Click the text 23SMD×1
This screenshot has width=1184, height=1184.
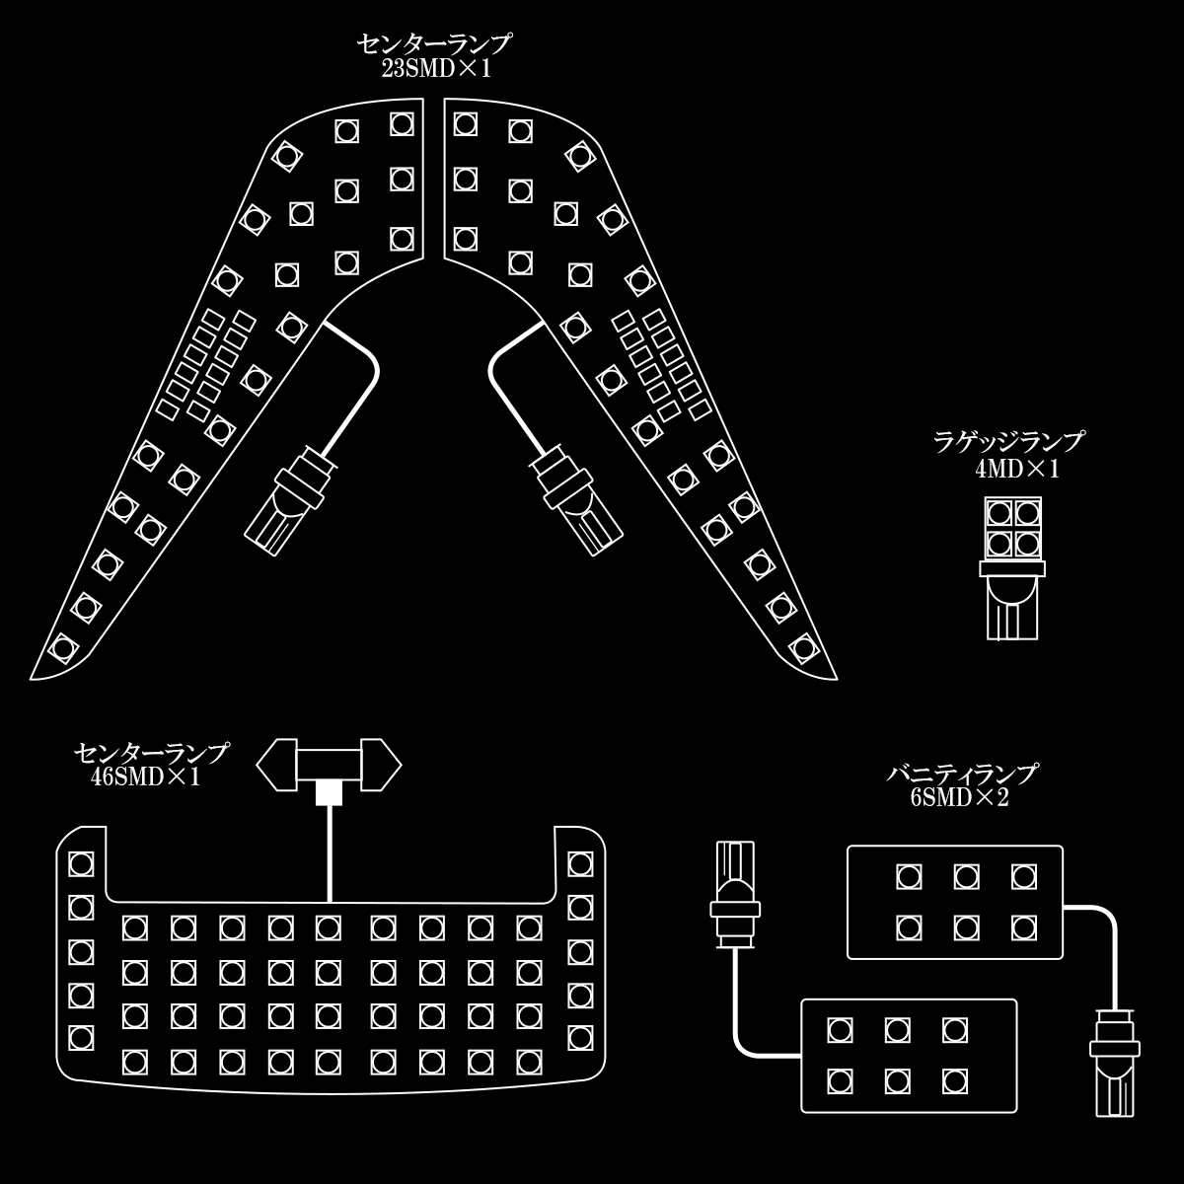point(436,69)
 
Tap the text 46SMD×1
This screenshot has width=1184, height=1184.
point(146,777)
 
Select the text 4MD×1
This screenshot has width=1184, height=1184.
point(1017,470)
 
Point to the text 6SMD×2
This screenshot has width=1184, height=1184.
point(960,797)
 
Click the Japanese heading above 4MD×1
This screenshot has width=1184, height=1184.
point(1009,442)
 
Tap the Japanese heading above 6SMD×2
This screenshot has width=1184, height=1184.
point(963,774)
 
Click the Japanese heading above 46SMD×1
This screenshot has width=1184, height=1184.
point(152,753)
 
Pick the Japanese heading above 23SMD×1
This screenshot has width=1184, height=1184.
point(435,43)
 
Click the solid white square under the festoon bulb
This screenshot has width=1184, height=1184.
point(329,792)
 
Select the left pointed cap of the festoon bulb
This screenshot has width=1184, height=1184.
point(276,765)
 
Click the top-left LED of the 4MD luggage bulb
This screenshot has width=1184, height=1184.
point(999,512)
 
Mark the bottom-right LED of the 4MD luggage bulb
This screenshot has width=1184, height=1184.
point(1027,543)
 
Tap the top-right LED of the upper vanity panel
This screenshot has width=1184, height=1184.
point(1023,877)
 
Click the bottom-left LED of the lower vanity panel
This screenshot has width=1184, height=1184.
point(840,1081)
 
